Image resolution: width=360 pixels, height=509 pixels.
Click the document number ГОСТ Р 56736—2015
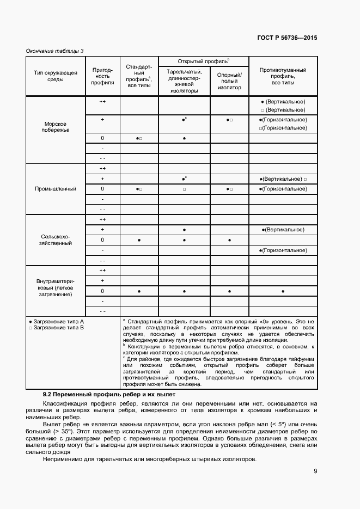[287, 38]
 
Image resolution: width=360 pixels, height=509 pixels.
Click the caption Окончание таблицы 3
[55, 51]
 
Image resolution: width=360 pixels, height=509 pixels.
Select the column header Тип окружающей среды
[56, 76]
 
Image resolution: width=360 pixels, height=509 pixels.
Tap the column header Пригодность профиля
[102, 76]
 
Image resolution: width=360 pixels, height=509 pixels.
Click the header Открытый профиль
[203, 61]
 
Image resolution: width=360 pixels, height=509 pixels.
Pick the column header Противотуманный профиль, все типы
[283, 76]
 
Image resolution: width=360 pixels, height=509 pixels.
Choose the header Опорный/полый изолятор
[229, 82]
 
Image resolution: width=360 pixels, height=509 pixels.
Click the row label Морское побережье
[56, 127]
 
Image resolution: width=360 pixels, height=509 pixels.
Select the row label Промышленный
[56, 189]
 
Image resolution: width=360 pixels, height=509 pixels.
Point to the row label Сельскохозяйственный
[56, 240]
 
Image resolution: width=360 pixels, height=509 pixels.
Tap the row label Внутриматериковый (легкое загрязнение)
[56, 287]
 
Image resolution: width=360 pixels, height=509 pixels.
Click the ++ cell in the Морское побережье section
[102, 102]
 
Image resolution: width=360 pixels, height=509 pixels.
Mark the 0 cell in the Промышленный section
[102, 189]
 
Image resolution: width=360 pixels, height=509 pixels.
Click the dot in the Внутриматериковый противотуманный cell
[283, 291]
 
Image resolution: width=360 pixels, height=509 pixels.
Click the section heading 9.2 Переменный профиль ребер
[109, 394]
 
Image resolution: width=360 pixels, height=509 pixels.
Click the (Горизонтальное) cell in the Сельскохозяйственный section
[283, 250]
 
